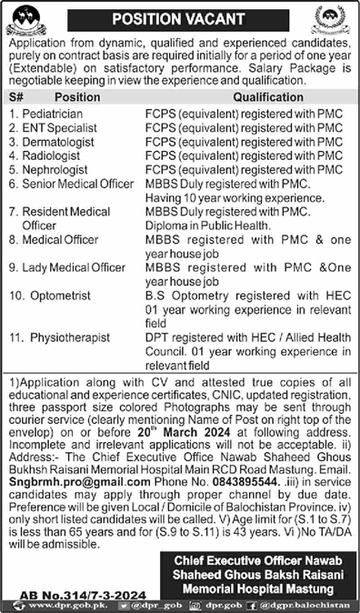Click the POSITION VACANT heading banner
[x=179, y=17]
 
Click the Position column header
[x=76, y=95]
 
